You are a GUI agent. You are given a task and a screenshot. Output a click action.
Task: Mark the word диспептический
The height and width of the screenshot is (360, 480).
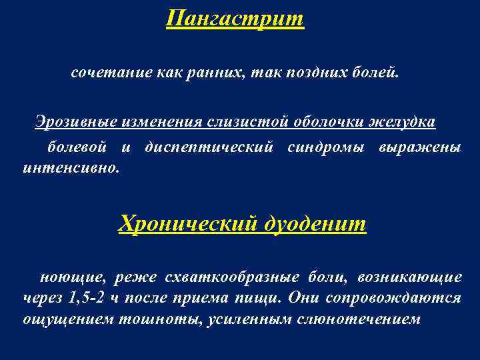(209, 147)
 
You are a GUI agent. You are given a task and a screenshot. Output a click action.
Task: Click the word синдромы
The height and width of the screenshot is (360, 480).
(326, 147)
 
